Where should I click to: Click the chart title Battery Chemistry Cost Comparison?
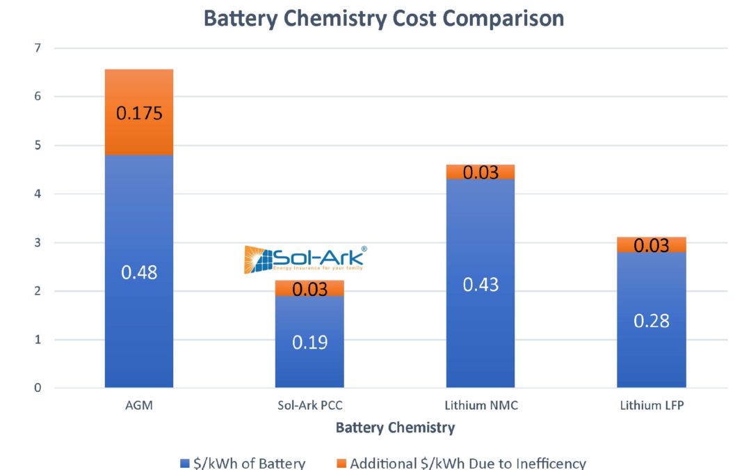[383, 18]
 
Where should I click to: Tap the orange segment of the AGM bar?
[139, 91]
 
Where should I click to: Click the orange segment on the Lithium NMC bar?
[481, 172]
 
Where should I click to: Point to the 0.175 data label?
[139, 113]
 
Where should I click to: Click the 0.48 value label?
[139, 272]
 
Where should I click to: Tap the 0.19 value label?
[309, 343]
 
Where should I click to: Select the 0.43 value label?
[481, 284]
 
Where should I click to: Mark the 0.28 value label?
[652, 321]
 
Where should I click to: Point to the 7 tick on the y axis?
[38, 48]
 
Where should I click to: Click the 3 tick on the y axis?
[38, 243]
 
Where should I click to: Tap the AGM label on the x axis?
[139, 405]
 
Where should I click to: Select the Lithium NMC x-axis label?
[481, 405]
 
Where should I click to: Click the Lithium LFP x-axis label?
[652, 405]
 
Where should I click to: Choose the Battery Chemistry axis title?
[395, 428]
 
